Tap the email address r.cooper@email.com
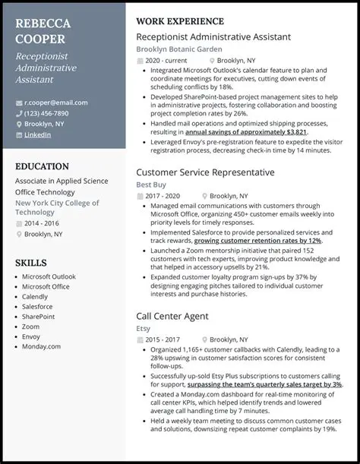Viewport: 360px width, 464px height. pos(52,102)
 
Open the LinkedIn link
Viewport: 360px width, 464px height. pos(38,134)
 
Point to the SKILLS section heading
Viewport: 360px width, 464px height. pos(31,262)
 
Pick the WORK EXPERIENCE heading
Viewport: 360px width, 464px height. pos(180,21)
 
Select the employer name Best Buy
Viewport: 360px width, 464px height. pos(151,185)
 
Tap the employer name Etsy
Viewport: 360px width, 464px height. pos(142,328)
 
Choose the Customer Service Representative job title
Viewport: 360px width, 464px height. pos(205,172)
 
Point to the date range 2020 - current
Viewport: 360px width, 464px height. pos(166,60)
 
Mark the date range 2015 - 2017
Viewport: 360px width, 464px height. pos(163,339)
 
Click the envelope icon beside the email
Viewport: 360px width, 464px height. pos(18,102)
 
